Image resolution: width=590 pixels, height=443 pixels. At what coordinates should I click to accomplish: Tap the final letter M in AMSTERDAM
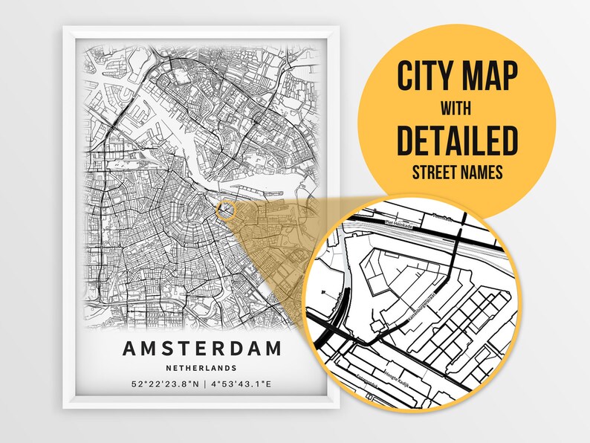pyautogui.click(x=273, y=348)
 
